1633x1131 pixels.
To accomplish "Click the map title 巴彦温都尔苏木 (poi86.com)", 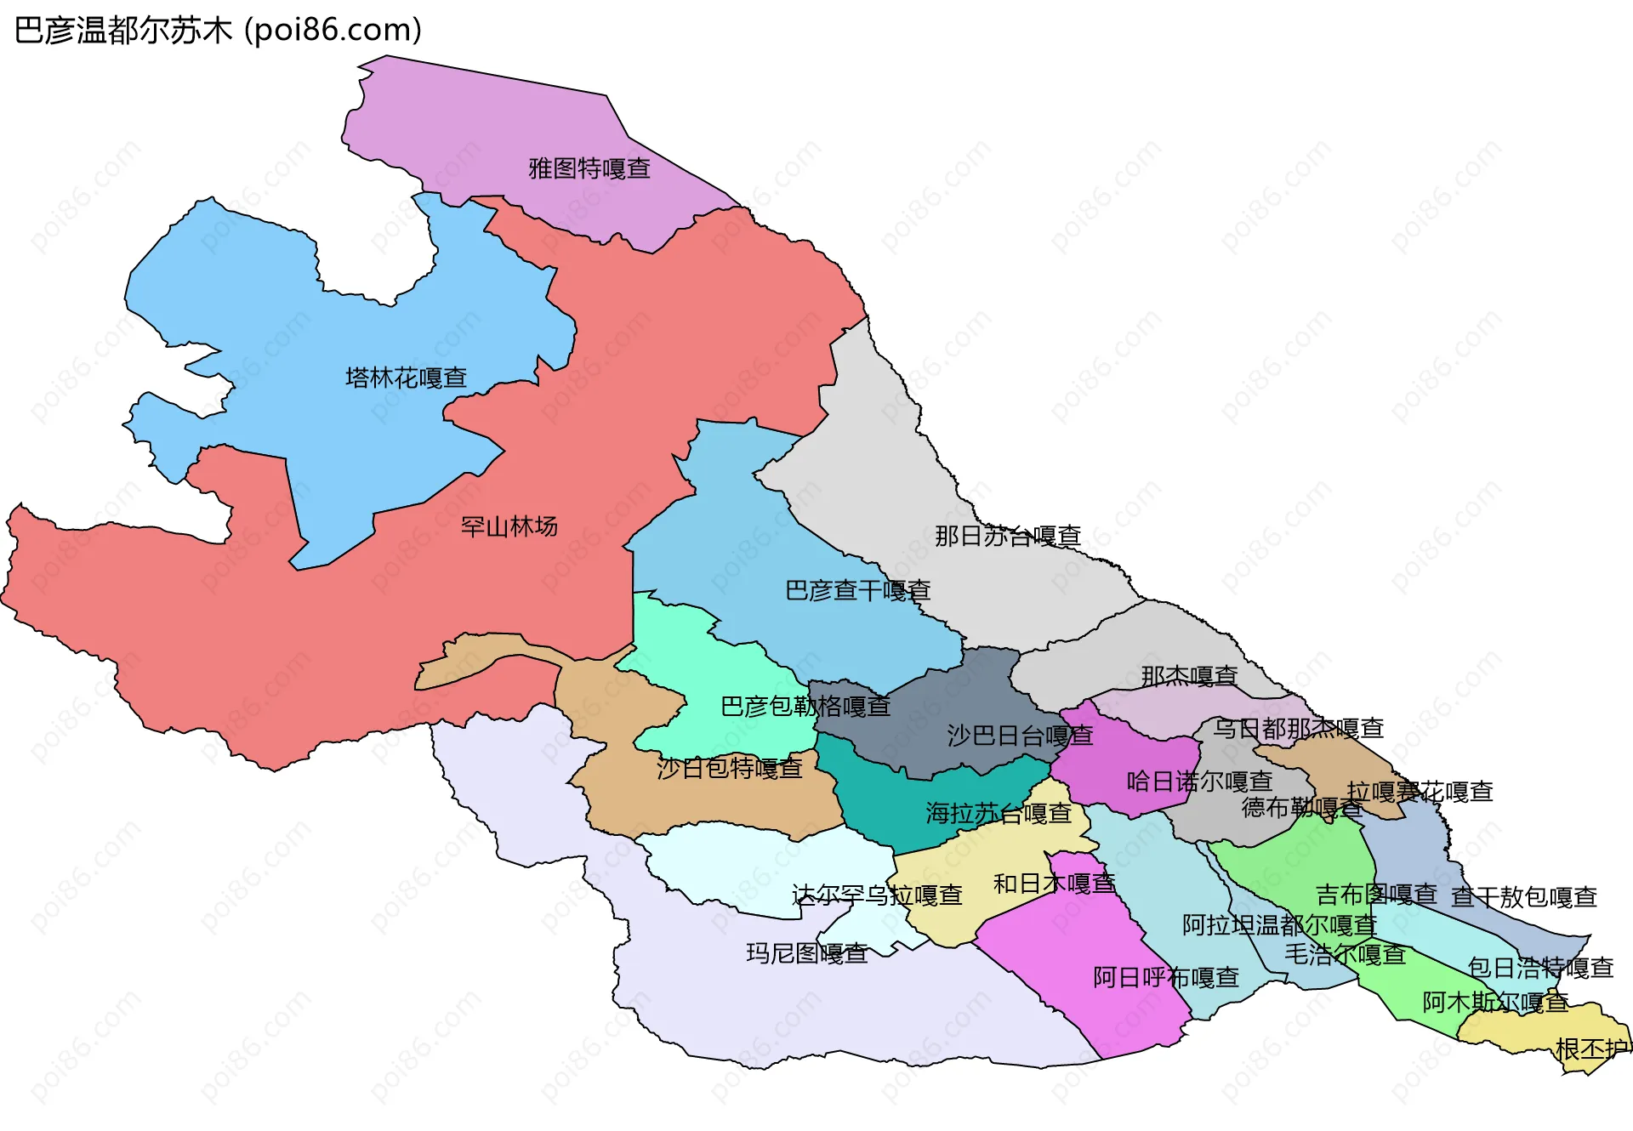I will coord(218,31).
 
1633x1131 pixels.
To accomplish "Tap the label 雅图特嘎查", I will coord(589,168).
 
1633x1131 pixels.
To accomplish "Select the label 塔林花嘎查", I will coord(406,378).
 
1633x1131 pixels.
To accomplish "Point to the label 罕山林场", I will coord(509,527).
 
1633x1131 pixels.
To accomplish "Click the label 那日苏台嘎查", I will coord(1008,536).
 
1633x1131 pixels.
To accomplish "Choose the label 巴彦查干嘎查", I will coord(857,590).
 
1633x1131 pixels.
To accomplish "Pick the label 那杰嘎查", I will coord(1188,676).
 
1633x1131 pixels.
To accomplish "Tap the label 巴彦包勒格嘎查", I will coord(805,707).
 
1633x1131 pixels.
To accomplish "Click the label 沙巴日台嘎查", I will coord(1020,736).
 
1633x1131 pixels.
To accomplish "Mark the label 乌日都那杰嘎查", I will coord(1298,729).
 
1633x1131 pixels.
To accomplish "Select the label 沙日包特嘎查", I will coord(729,768).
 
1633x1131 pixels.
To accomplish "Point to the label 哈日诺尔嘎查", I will coord(1199,781).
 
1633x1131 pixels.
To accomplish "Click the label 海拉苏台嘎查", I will coord(999,814).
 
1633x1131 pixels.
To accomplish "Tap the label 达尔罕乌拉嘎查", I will coord(877,895).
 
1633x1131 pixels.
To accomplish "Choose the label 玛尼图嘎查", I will coord(807,953).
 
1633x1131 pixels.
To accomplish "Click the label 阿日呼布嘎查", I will coord(1166,978).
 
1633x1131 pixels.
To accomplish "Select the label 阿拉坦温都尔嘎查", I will coord(1279,924).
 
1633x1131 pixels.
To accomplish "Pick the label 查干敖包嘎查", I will coord(1523,897).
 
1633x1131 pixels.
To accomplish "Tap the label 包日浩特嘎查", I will coord(1540,968).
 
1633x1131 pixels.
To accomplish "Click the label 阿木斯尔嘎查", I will coord(1495,1003).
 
